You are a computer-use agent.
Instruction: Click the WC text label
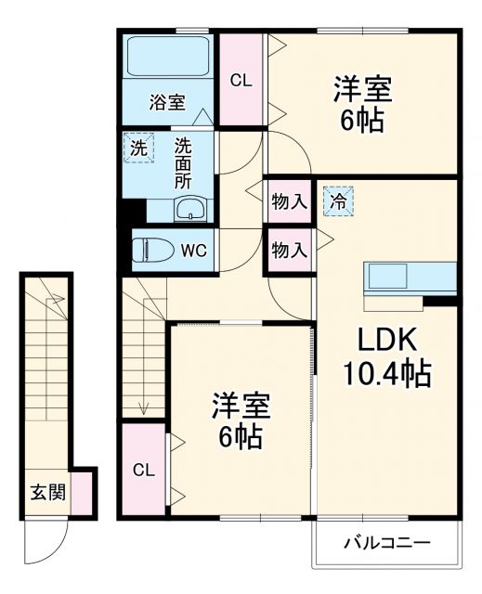(x=193, y=251)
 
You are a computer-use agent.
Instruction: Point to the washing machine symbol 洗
(x=137, y=147)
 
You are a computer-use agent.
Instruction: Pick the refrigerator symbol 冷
(x=338, y=199)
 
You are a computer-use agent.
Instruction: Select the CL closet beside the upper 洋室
(x=241, y=81)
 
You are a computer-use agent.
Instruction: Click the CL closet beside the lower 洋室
(x=143, y=470)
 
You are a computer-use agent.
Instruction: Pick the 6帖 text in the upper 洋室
(x=363, y=120)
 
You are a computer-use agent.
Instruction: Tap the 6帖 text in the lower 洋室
(x=240, y=435)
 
